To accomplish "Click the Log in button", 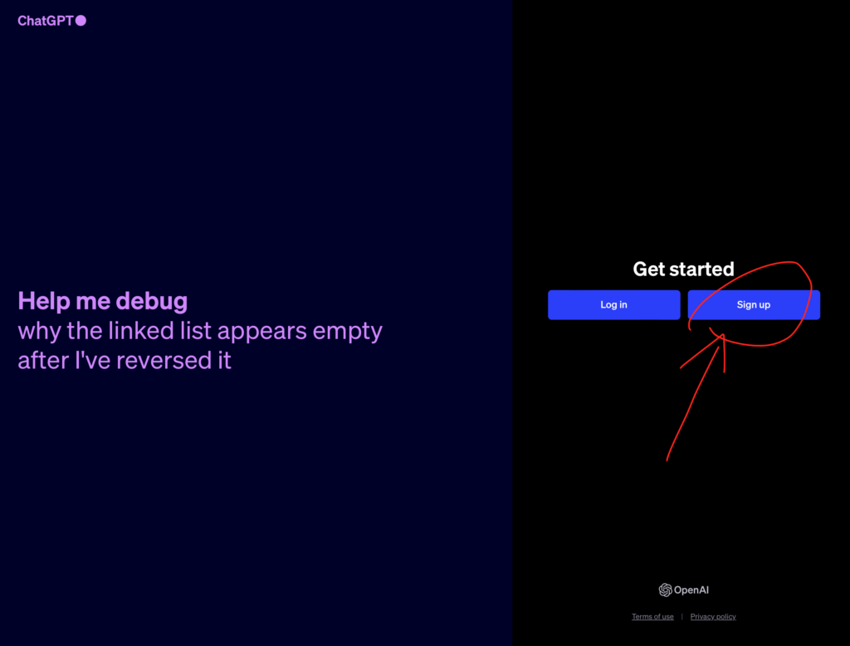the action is point(613,305).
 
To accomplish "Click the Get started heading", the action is point(684,270).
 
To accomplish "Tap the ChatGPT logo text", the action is point(46,21).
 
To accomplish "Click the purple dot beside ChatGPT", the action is point(81,21).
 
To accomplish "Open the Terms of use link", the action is point(652,616).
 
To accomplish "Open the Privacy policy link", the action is point(713,616).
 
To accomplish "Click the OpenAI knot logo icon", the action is point(665,590).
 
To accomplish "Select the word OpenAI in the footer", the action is point(691,590).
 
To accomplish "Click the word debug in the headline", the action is point(152,302).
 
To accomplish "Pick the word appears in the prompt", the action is point(261,332).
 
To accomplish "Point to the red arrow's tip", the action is point(723,335).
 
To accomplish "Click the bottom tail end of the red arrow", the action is point(667,460).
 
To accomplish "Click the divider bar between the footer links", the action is point(682,616).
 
